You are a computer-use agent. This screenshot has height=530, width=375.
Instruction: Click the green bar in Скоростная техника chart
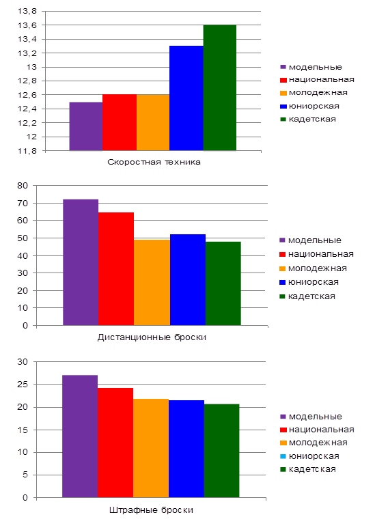pyautogui.click(x=220, y=87)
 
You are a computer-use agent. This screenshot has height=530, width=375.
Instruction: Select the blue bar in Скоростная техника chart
pyautogui.click(x=186, y=98)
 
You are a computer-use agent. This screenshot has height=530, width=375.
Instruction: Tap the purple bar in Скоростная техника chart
pyautogui.click(x=86, y=126)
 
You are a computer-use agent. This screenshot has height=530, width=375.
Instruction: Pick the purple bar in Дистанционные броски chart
pyautogui.click(x=81, y=262)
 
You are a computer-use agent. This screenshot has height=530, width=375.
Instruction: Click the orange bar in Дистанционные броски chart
pyautogui.click(x=152, y=283)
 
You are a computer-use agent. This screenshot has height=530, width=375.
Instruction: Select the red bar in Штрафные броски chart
pyautogui.click(x=115, y=443)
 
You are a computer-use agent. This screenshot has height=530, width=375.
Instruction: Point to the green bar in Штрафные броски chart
pyautogui.click(x=221, y=451)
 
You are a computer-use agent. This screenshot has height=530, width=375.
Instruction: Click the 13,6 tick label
pyautogui.click(x=27, y=25)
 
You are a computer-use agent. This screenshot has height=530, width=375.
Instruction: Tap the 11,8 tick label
pyautogui.click(x=27, y=151)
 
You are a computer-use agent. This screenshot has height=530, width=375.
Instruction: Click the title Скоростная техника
pyautogui.click(x=154, y=163)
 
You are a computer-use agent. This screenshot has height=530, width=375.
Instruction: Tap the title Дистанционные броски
pyautogui.click(x=152, y=337)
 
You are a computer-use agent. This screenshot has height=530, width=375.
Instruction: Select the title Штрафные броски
pyautogui.click(x=151, y=510)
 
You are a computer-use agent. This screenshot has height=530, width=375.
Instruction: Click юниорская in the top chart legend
pyautogui.click(x=314, y=106)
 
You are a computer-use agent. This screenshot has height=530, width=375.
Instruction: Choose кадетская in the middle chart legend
pyautogui.click(x=311, y=296)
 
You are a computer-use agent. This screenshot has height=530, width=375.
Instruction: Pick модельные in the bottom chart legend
pyautogui.click(x=316, y=417)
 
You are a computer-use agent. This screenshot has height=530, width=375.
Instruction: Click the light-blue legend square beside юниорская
pyautogui.click(x=283, y=456)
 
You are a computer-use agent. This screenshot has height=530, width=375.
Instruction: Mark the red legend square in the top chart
pyautogui.click(x=283, y=80)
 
